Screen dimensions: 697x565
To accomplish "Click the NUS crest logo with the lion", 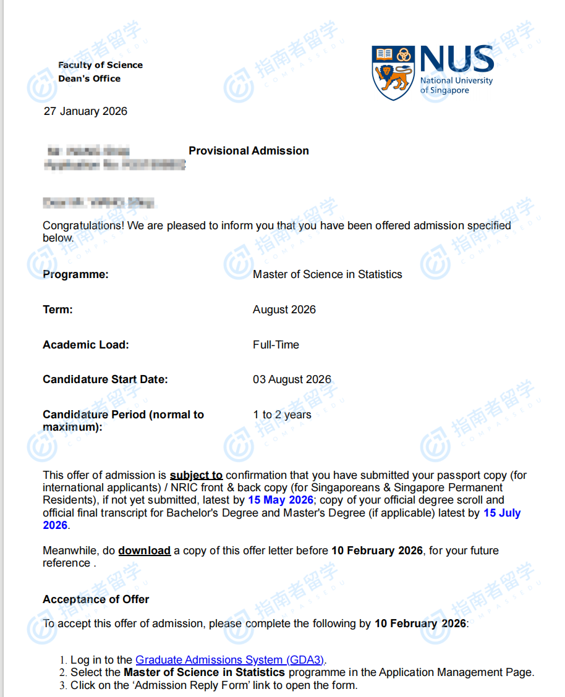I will pos(393,72).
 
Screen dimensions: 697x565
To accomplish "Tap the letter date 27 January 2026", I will pos(85,111).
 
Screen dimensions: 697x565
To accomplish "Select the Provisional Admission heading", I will pos(249,151).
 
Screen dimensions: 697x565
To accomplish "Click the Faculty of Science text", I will pos(100,65).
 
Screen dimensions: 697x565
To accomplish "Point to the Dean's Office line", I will pos(89,78).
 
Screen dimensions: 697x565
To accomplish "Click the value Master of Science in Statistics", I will pos(327,274).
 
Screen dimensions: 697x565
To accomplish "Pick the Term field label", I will pos(57,310).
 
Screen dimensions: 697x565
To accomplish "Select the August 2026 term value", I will pos(284,310).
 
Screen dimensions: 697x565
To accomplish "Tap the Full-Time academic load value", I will pos(276,345).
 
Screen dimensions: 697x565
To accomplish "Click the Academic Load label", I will pos(85,345).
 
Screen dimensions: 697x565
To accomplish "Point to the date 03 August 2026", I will pos(292,379).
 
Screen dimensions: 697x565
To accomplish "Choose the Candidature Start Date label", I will pos(105,379).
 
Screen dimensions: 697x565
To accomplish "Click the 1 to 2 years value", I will pos(282,415).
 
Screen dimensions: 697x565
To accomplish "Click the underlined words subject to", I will pos(196,475).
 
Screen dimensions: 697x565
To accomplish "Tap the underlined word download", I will pos(144,551).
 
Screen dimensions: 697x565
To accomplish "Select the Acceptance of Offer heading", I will pos(96,599).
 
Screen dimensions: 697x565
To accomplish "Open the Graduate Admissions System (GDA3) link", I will pos(230,660).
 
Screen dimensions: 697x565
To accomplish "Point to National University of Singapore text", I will pos(456,85).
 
